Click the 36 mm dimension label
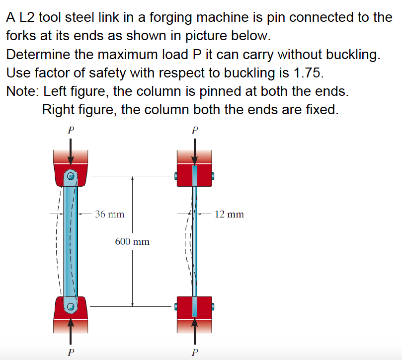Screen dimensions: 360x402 click(109, 215)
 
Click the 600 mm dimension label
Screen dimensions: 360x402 click(132, 242)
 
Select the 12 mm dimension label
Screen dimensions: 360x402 click(229, 215)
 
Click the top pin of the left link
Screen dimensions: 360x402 click(71, 176)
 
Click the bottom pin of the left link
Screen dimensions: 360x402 click(71, 307)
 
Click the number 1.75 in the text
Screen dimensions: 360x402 click(308, 73)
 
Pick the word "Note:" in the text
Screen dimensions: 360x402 click(23, 91)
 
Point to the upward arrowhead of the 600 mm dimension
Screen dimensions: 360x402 click(132, 179)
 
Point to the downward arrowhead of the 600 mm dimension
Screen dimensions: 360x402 click(132, 303)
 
